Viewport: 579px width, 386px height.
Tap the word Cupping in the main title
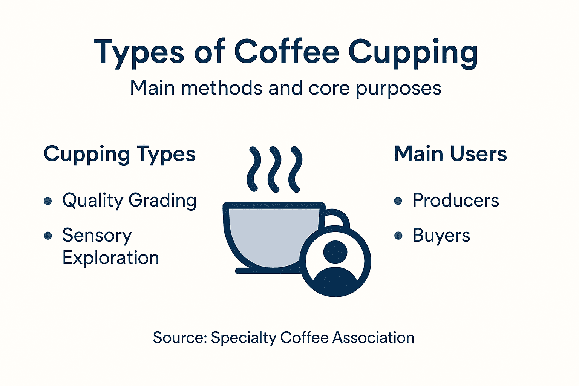[413, 53]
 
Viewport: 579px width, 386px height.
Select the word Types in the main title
[139, 53]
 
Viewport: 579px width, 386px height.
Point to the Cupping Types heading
[119, 155]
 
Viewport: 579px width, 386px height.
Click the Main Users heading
[450, 154]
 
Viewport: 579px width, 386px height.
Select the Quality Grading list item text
[129, 201]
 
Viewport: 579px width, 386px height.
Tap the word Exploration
[110, 258]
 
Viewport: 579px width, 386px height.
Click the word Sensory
[97, 236]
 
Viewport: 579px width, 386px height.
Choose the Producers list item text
[456, 201]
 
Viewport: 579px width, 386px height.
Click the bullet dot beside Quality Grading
[48, 201]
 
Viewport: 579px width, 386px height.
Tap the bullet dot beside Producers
[398, 201]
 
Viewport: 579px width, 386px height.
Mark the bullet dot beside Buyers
[398, 236]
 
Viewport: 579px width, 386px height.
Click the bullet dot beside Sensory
[48, 236]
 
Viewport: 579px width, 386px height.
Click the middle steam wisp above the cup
[274, 169]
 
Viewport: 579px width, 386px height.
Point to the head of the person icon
[335, 251]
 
